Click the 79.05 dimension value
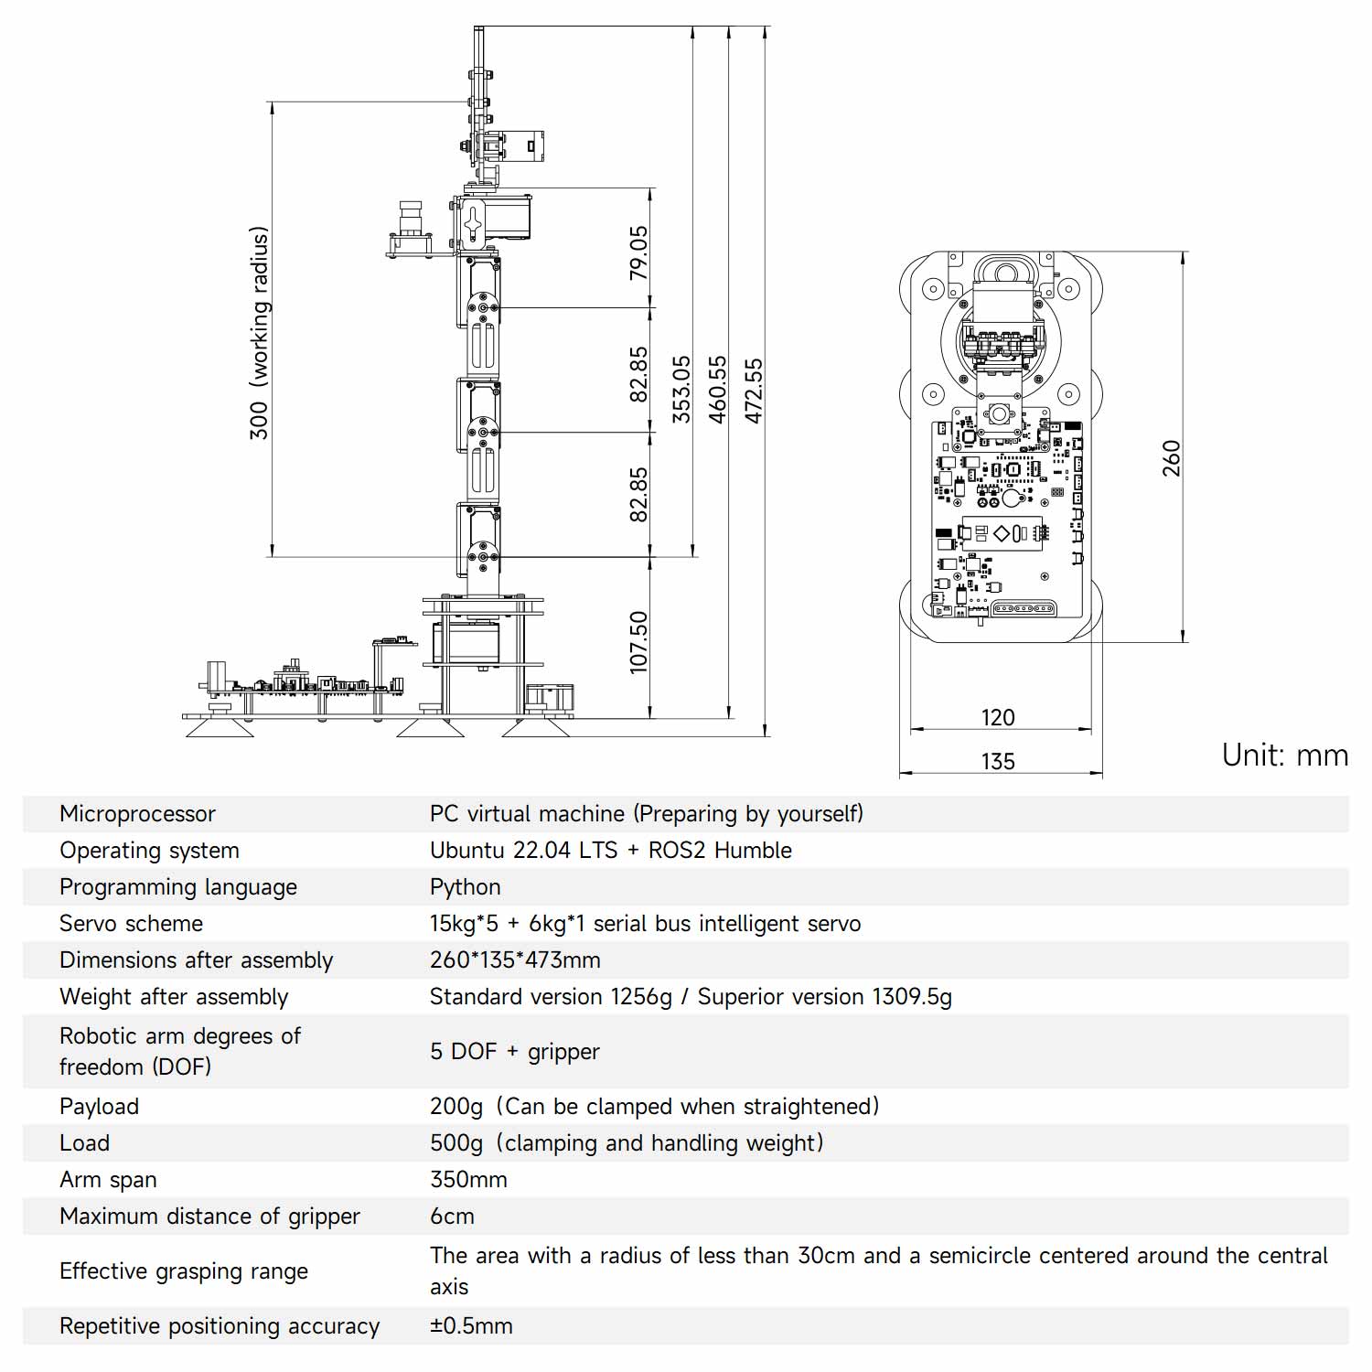[638, 252]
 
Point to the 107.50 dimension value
[638, 642]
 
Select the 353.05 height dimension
[681, 389]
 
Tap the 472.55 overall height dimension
[754, 391]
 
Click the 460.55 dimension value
[718, 390]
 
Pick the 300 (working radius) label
[260, 333]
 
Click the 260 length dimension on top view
[1172, 458]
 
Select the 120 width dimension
[998, 717]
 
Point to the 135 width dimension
[998, 761]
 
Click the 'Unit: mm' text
[1285, 756]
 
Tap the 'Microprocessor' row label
[137, 814]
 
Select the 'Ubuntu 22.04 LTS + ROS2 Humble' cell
[611, 851]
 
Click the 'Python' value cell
[466, 887]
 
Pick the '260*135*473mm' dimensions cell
[515, 960]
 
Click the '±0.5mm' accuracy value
[471, 1326]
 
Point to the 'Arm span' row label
[108, 1180]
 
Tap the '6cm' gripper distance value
[452, 1217]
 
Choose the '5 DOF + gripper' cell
[515, 1052]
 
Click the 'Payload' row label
[99, 1107]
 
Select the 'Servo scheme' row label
[131, 924]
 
